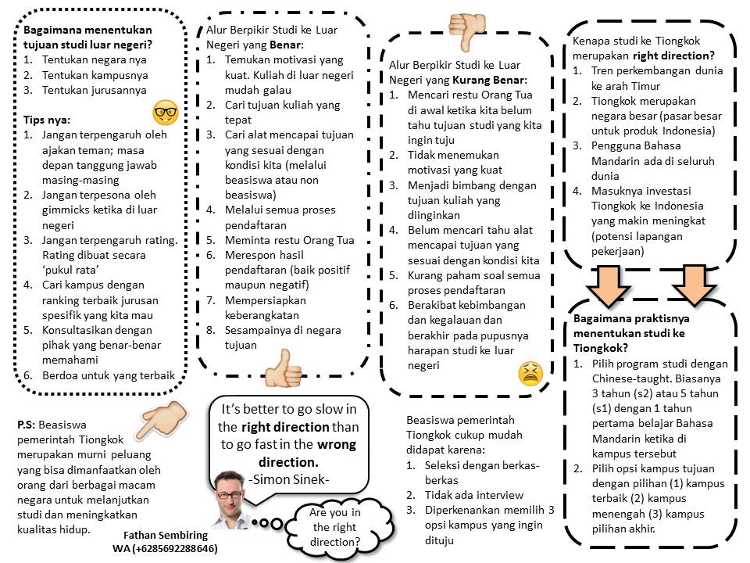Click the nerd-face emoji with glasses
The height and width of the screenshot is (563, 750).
tap(164, 112)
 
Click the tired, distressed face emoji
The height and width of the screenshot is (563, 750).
tap(530, 373)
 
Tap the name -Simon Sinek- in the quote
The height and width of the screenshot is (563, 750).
tap(288, 479)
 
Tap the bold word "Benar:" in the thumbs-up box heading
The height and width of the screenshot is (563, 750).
tap(286, 45)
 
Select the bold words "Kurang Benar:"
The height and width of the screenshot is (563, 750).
tap(491, 80)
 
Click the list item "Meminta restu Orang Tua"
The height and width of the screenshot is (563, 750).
tap(280, 239)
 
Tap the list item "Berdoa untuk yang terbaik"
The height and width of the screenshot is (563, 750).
tap(109, 375)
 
